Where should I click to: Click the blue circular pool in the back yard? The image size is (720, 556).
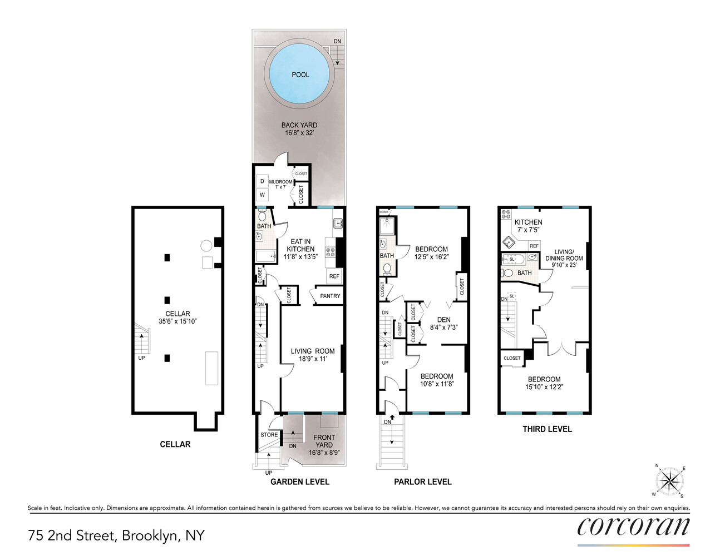pos(300,74)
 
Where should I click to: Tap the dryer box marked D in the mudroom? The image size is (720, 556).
pos(262,181)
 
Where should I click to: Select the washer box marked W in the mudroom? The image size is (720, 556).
pos(262,195)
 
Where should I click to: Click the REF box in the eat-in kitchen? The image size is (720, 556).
pos(334,276)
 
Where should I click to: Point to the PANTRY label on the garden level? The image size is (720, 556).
pos(330,296)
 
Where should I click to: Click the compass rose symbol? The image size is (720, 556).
pos(669,481)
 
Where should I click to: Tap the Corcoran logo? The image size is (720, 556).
pos(633,527)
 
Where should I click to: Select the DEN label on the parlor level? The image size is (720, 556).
pos(443,320)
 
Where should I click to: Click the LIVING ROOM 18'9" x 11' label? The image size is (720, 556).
pos(313,355)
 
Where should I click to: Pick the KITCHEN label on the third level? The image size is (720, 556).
pos(528,222)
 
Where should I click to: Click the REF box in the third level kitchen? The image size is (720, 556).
pos(534,246)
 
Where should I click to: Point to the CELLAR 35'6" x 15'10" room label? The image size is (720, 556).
pos(177,317)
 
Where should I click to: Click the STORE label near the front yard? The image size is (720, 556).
pos(269,435)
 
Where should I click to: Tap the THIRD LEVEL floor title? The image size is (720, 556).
pos(547,429)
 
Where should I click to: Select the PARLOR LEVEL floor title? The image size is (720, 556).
pos(423,481)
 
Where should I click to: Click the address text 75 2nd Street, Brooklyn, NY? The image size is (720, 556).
pos(116,535)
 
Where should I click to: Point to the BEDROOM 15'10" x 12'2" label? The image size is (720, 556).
pos(544,383)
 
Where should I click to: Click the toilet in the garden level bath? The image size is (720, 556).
pos(263,216)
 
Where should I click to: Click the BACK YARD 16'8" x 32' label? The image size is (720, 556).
pos(299,129)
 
